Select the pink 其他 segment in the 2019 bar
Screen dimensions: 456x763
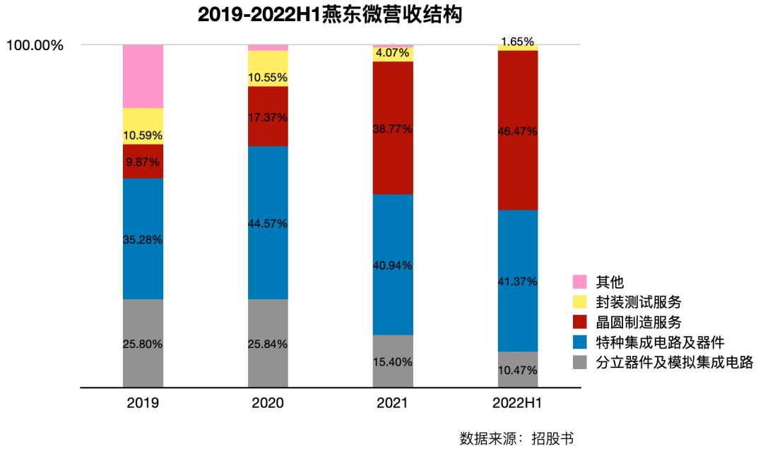coord(143,76)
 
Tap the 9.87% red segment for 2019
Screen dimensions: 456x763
coord(143,162)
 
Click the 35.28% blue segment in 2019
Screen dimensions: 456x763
coord(143,239)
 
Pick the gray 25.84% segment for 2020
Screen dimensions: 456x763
coord(268,344)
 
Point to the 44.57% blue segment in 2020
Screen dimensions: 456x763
coord(268,223)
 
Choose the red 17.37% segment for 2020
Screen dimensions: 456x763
coord(268,116)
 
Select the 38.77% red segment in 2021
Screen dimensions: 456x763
coord(393,128)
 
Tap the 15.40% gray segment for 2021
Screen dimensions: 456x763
coord(393,361)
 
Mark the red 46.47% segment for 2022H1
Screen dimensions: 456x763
coord(518,131)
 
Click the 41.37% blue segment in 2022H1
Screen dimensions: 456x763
coord(518,281)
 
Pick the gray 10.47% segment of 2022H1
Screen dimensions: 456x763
coord(518,370)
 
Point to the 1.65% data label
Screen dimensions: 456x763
coord(518,42)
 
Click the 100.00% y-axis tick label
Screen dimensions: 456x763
coord(35,46)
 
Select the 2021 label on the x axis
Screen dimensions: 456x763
coord(393,404)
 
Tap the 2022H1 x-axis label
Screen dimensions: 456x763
coord(518,404)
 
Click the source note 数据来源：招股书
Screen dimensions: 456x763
coord(516,438)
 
